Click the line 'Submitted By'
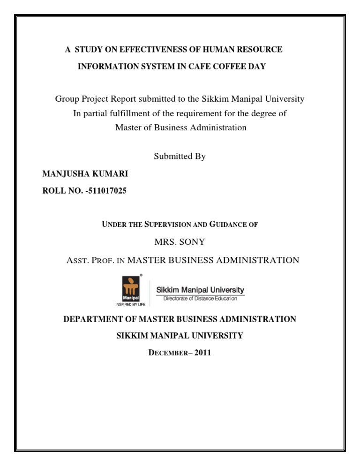180,157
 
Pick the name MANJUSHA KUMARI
85,174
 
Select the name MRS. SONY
180,242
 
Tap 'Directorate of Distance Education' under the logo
200,298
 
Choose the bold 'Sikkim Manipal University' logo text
200,290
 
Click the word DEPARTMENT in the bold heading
92,319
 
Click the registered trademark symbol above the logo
142,275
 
